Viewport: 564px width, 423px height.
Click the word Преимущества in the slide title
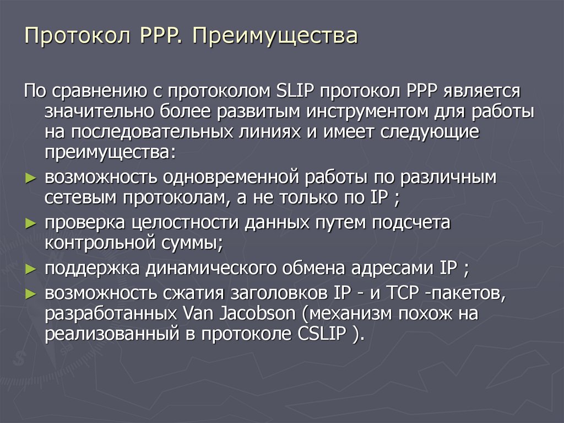coord(275,38)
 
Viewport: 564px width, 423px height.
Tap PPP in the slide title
coord(159,37)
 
